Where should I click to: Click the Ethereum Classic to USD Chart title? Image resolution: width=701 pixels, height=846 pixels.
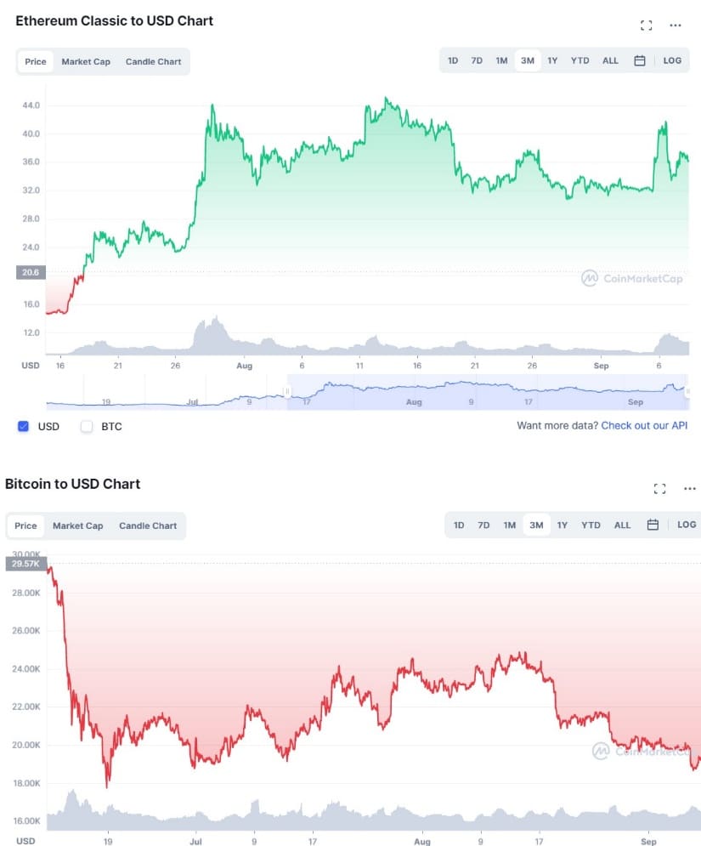click(x=115, y=21)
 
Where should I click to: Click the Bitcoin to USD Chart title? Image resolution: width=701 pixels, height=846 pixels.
click(x=73, y=485)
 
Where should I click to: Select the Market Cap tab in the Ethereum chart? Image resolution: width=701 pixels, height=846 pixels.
click(x=86, y=62)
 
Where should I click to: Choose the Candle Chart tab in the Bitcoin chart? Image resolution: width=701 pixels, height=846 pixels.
click(x=148, y=525)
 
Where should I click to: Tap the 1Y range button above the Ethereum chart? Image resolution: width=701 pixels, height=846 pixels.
click(x=552, y=60)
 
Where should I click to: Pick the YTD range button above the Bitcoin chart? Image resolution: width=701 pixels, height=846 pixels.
click(x=591, y=525)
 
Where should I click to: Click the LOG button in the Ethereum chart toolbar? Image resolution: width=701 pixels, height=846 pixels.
click(x=672, y=60)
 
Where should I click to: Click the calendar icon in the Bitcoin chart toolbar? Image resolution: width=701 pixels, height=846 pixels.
click(x=653, y=525)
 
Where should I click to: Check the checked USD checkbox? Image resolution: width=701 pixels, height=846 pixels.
click(x=24, y=426)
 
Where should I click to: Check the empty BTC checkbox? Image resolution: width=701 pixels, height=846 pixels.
click(x=87, y=426)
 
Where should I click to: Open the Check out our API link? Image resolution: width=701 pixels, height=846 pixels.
click(x=644, y=425)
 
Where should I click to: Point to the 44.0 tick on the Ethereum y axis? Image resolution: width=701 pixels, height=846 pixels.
click(x=32, y=105)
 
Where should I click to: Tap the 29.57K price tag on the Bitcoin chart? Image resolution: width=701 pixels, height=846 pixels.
click(x=25, y=563)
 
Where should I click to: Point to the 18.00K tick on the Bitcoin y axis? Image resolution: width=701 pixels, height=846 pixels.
click(x=25, y=783)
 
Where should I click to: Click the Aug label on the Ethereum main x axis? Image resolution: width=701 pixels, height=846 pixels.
click(x=245, y=366)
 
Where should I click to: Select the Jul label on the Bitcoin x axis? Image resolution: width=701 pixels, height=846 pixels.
click(x=195, y=840)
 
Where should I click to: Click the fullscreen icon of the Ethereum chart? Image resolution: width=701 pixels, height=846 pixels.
click(x=646, y=26)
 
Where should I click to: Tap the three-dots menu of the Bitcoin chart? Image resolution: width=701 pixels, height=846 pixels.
click(x=689, y=489)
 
